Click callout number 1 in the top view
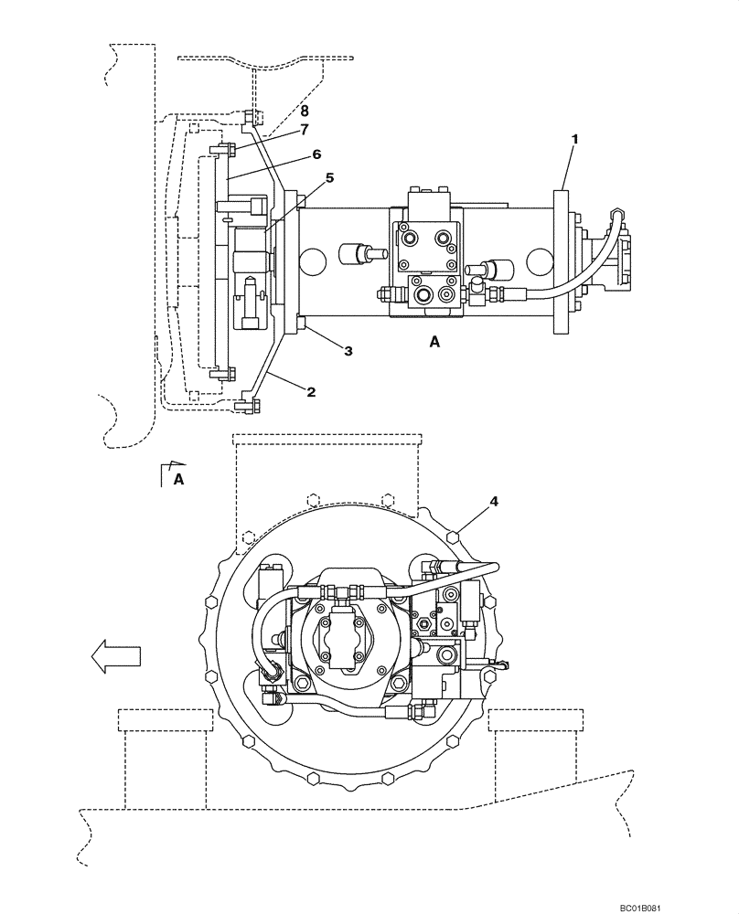pyautogui.click(x=574, y=139)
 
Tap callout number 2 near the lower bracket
pyautogui.click(x=311, y=392)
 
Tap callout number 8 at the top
pyautogui.click(x=291, y=111)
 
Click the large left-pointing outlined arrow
pyautogui.click(x=115, y=656)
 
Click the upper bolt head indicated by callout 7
pyautogui.click(x=226, y=149)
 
